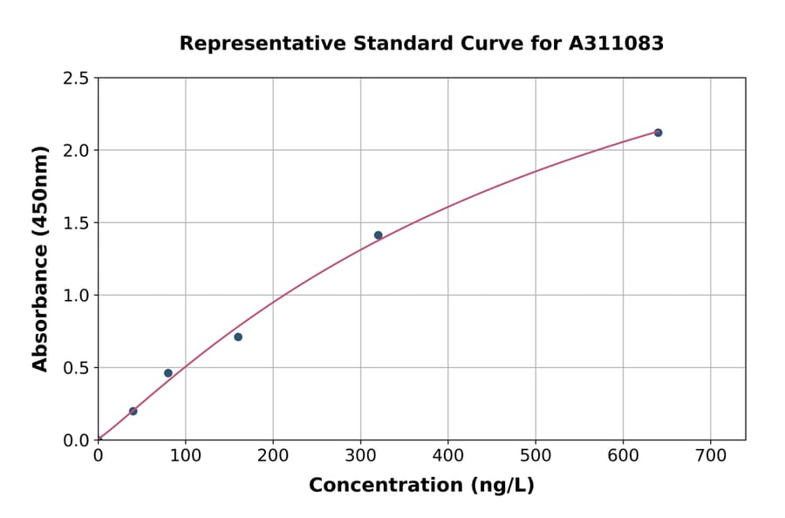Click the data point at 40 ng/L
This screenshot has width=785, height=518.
tap(133, 411)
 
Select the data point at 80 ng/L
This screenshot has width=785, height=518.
tap(168, 373)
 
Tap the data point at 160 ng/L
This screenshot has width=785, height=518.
tap(238, 337)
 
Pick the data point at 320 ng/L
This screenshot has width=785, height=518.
tap(378, 235)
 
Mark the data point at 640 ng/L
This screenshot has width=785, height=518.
tap(658, 133)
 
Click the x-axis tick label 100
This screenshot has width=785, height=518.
tap(185, 454)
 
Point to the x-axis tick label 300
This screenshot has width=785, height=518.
tap(360, 454)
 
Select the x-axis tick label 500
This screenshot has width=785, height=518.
tap(536, 454)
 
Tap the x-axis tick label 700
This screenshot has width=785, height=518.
tap(710, 454)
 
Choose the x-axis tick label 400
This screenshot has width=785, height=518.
tap(447, 454)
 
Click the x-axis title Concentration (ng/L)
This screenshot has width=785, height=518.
tap(421, 486)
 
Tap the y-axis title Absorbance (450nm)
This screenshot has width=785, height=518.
tap(40, 258)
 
